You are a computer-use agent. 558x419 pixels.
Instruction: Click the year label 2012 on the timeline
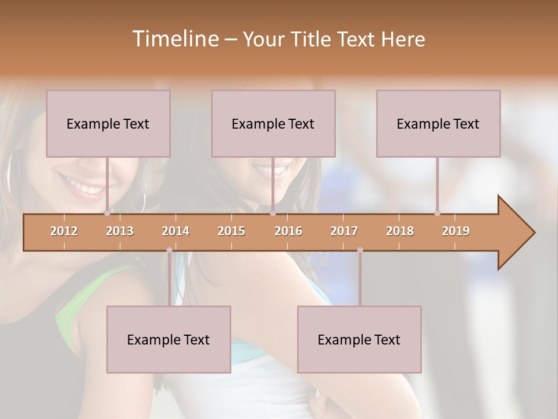[64, 231]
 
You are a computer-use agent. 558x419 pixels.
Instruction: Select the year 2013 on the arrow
[120, 231]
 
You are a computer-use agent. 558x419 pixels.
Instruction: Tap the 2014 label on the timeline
[176, 231]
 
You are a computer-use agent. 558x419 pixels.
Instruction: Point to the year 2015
[231, 231]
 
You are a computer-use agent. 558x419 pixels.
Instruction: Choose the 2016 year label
[288, 231]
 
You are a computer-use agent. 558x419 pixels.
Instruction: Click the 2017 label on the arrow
[344, 231]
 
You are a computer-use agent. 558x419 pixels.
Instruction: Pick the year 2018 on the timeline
[400, 231]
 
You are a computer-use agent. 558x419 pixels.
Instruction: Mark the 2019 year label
[456, 231]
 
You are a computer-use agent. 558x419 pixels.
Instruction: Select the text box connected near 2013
[108, 123]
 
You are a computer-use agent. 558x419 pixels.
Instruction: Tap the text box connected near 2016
[273, 123]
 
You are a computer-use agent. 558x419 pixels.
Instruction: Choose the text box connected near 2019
[438, 123]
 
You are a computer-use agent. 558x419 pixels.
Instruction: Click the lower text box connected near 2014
[169, 339]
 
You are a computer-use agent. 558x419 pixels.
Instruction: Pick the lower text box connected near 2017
[359, 339]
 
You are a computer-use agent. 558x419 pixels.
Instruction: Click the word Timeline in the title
[174, 39]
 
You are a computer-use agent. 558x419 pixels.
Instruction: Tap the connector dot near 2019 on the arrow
[437, 214]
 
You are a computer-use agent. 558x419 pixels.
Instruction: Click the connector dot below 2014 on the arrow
[169, 250]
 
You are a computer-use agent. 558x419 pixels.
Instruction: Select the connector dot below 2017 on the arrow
[360, 250]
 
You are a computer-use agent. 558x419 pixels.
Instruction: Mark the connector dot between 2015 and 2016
[273, 214]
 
